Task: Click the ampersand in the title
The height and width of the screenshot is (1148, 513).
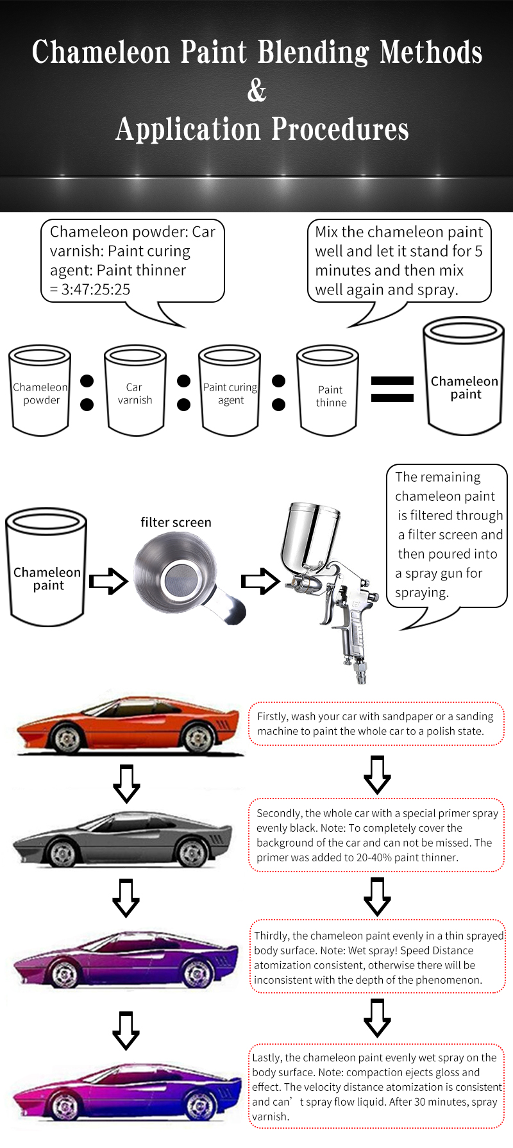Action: coord(256,91)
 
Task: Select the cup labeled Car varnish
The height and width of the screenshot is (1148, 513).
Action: coord(135,391)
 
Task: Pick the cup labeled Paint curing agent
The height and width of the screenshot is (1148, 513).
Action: coord(230,391)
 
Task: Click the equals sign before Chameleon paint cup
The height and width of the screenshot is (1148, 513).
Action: coord(392,389)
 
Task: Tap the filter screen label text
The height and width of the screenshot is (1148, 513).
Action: coord(176,522)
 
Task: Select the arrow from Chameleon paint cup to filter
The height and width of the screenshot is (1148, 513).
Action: coord(108,581)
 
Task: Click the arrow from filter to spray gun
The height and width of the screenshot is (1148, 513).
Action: coord(260,581)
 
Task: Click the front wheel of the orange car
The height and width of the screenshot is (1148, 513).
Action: coord(67,739)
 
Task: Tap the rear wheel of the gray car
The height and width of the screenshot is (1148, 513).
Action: coord(192,853)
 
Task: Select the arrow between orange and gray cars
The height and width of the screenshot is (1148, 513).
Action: coord(126,783)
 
